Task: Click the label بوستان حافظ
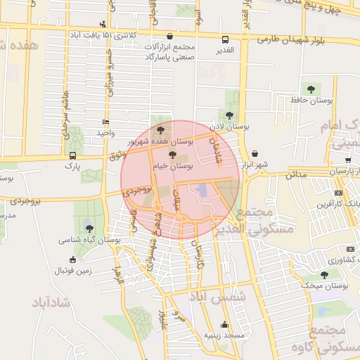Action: (311, 101)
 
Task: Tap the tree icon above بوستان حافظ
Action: (311, 89)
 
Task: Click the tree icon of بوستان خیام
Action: (173, 154)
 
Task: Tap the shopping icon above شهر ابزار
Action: (254, 153)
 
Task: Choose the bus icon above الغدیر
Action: (225, 39)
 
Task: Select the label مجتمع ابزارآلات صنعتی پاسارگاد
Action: (169, 51)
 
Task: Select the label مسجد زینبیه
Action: (224, 335)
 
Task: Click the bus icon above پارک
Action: (72, 155)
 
